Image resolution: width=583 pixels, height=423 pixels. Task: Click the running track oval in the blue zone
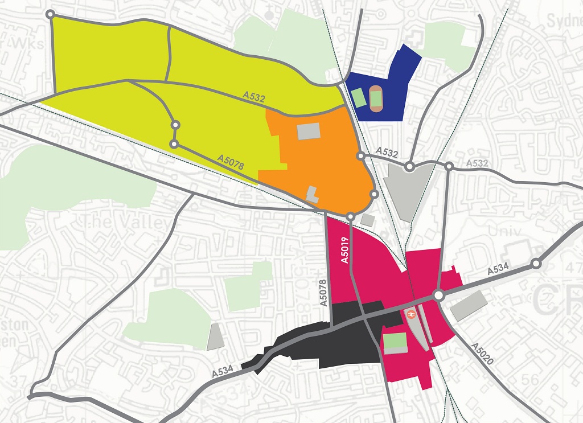tap(376, 97)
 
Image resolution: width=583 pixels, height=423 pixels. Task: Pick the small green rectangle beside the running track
tap(358, 97)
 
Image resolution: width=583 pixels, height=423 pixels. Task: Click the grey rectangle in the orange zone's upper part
tap(309, 132)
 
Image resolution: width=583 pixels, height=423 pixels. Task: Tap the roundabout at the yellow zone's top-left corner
tap(51, 14)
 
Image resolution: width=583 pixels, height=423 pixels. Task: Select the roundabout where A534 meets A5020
tap(438, 296)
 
